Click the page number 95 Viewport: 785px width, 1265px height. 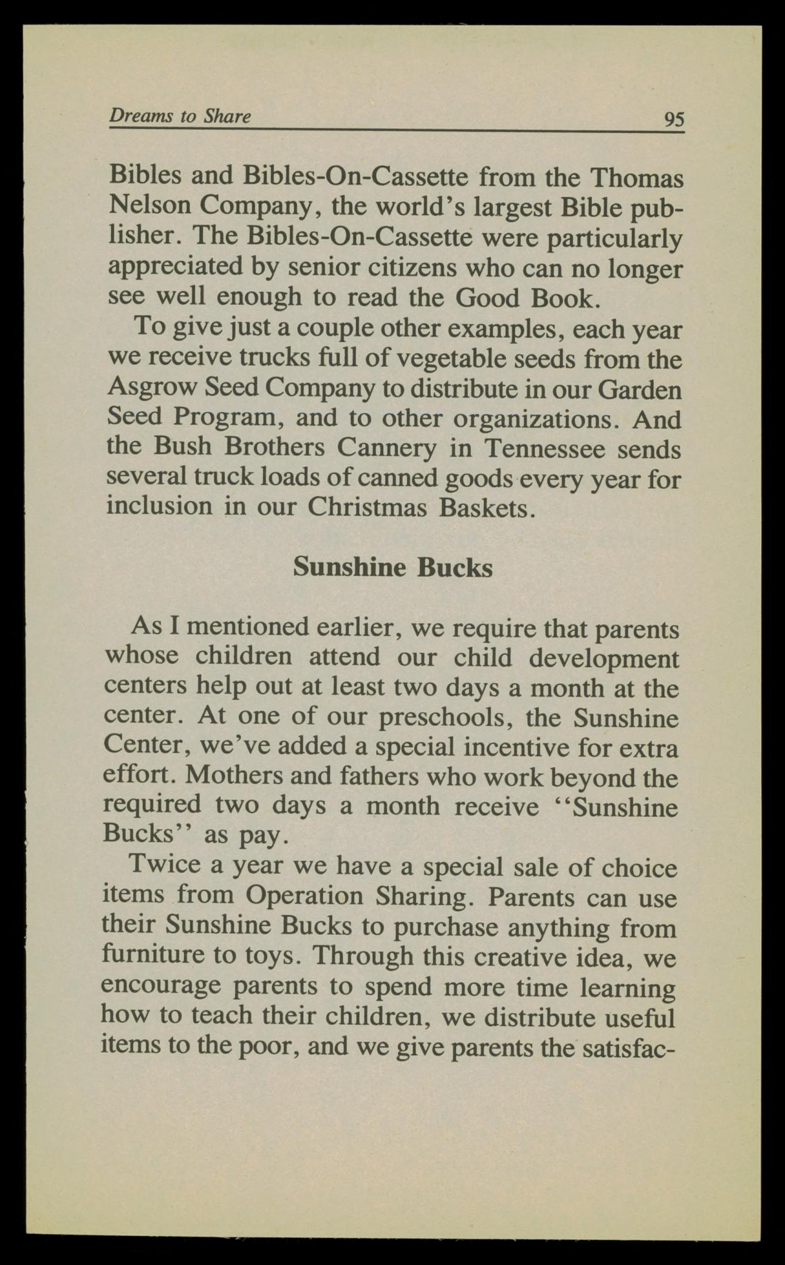[674, 118]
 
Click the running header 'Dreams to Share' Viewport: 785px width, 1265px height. [180, 115]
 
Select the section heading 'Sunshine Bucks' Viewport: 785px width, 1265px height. [392, 567]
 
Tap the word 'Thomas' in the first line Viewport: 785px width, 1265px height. [637, 178]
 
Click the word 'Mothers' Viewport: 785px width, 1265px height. [234, 776]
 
